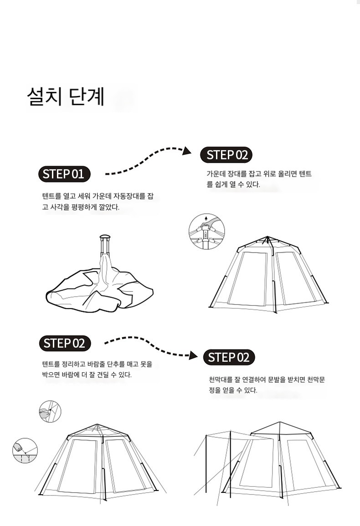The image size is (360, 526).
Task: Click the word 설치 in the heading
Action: coord(44,96)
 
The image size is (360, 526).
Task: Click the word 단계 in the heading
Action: coord(87,96)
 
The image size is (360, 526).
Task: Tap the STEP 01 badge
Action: coord(64,174)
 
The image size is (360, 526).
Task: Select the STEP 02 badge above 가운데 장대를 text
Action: coord(226,155)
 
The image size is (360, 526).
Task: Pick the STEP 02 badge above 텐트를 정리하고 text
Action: coord(65,344)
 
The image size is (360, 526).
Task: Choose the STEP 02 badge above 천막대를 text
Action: coord(229,357)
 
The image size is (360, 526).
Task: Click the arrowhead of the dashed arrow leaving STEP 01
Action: coord(187,151)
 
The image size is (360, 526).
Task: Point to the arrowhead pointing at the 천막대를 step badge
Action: coord(194,355)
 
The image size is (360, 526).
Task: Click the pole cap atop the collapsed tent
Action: coord(105,237)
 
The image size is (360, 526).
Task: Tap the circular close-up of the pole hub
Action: coord(207,232)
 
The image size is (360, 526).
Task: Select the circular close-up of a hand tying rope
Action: coord(50,411)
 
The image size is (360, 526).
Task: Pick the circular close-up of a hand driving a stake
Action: coord(25,450)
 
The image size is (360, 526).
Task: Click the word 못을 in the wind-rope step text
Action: coord(146,364)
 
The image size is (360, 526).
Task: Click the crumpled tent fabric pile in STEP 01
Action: coord(99,285)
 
